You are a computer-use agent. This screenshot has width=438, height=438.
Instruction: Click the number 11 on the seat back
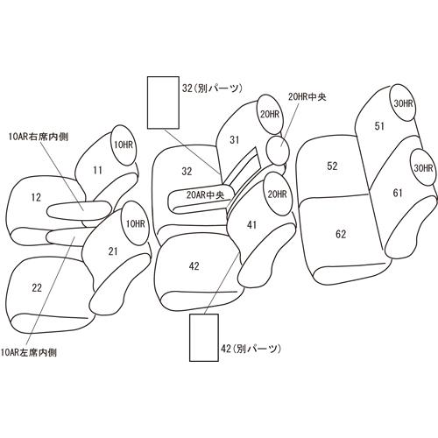(97, 170)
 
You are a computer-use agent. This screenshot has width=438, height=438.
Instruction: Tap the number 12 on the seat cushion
(36, 198)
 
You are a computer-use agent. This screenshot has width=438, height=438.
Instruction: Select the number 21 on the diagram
(113, 251)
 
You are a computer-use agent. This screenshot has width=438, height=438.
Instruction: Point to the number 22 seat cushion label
(37, 288)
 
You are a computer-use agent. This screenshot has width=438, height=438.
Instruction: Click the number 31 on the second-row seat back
(234, 140)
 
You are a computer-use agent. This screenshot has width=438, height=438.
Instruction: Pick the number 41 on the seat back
(251, 225)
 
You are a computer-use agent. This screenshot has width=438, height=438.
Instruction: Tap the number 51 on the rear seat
(379, 126)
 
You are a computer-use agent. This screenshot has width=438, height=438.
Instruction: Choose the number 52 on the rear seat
(332, 166)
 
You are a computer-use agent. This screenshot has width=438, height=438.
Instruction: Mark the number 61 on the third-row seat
(398, 193)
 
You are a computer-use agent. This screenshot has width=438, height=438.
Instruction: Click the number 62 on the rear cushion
(341, 234)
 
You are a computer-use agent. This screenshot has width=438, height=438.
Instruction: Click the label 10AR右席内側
(39, 137)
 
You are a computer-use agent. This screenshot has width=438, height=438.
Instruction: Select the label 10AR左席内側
(29, 353)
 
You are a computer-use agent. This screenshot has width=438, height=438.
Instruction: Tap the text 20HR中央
(307, 97)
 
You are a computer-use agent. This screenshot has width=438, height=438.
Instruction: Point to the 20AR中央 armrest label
(205, 195)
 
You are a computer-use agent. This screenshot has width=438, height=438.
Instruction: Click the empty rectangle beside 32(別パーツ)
(163, 102)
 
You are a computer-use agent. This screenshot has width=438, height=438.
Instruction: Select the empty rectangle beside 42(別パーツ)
(204, 338)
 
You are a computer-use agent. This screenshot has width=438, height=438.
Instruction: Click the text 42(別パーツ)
(251, 349)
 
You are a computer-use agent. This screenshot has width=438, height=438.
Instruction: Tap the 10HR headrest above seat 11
(124, 145)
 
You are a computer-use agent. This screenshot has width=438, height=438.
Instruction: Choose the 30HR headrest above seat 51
(403, 103)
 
